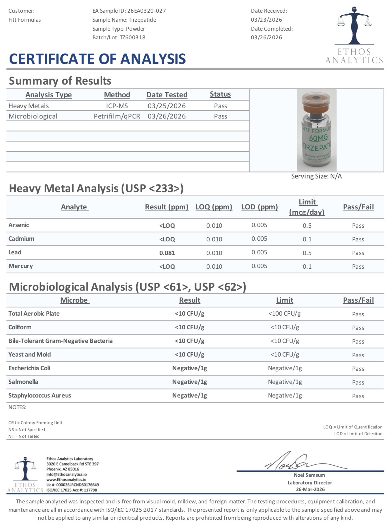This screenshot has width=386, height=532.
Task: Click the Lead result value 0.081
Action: pyautogui.click(x=167, y=253)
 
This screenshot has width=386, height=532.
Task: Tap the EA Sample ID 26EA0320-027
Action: pyautogui.click(x=147, y=11)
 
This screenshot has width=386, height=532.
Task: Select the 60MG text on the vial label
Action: pyautogui.click(x=318, y=137)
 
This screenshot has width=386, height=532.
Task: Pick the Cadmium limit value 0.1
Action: pyautogui.click(x=307, y=239)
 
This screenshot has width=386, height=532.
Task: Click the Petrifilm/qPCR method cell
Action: pyautogui.click(x=117, y=116)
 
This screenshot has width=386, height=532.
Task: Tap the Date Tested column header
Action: pyautogui.click(x=167, y=95)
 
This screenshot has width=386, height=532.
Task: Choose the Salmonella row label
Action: pyautogui.click(x=23, y=382)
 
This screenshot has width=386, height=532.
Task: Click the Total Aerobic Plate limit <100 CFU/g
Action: pyautogui.click(x=285, y=314)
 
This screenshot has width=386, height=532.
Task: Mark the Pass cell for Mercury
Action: pyautogui.click(x=358, y=266)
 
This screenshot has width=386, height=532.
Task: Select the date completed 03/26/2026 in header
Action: pyautogui.click(x=266, y=37)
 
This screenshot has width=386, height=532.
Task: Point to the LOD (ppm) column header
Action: pyautogui.click(x=259, y=207)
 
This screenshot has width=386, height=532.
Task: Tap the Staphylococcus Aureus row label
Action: pyautogui.click(x=40, y=396)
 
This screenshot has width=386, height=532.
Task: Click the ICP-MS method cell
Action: pyautogui.click(x=117, y=106)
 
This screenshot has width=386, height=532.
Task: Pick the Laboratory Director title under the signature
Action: pyautogui.click(x=310, y=482)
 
